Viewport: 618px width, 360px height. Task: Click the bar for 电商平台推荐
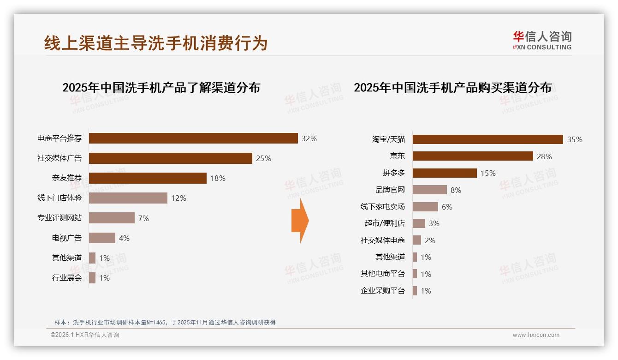(x=193, y=138)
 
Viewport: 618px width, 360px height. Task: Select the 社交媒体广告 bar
(x=170, y=158)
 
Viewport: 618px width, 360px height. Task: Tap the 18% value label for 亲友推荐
(x=218, y=178)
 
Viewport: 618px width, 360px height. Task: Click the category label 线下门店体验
(x=59, y=198)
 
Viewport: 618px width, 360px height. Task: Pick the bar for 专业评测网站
(x=112, y=218)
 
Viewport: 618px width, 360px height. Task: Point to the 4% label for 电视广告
(x=124, y=238)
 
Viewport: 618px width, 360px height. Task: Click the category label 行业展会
(x=67, y=278)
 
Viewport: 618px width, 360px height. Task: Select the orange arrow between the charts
(x=300, y=221)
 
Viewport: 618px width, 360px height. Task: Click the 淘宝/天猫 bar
(x=487, y=139)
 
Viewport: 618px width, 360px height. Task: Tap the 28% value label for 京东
(x=544, y=156)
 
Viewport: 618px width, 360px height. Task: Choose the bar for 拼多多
(x=445, y=173)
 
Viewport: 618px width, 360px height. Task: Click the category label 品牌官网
(x=390, y=190)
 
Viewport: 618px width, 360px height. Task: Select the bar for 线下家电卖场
(x=425, y=207)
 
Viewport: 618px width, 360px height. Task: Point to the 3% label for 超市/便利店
(x=434, y=223)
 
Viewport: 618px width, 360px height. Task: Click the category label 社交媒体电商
(x=383, y=240)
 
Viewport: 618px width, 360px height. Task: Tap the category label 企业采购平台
(x=383, y=291)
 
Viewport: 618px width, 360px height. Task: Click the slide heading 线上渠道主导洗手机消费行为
(x=156, y=43)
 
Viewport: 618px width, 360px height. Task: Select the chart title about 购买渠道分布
(x=452, y=87)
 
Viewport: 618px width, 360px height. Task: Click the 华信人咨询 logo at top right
(x=542, y=40)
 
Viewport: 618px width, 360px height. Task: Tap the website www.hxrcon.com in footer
(x=536, y=335)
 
